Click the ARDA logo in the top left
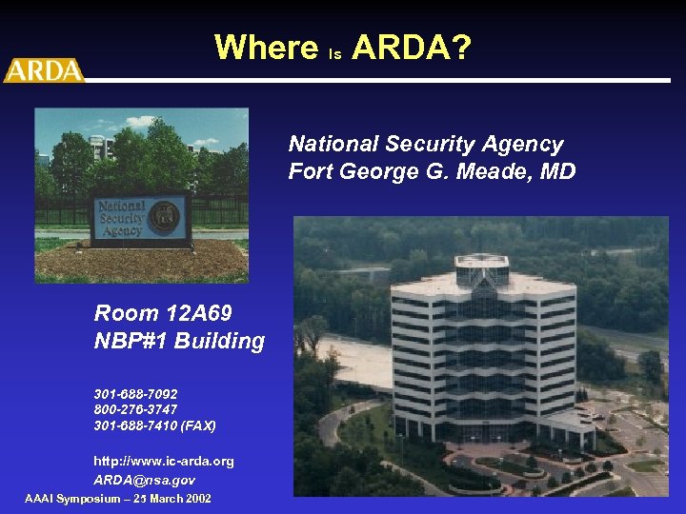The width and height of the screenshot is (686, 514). [43, 70]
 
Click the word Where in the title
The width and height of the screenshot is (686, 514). [267, 47]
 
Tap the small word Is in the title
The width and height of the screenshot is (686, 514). [334, 54]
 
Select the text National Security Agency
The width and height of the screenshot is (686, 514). [426, 144]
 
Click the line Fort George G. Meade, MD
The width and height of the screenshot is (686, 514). [432, 172]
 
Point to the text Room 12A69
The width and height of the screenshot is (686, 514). [163, 313]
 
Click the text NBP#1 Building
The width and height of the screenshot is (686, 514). [179, 341]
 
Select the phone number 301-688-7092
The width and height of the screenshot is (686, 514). [135, 393]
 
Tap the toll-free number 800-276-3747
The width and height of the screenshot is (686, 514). [135, 409]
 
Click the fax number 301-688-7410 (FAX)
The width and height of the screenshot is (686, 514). [154, 425]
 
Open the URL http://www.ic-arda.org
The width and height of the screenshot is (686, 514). [163, 461]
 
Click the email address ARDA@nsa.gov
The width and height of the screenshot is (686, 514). [144, 480]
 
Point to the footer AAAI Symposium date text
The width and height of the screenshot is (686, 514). [118, 499]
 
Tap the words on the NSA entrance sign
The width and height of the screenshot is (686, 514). [121, 218]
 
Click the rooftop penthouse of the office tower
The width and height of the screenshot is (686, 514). [482, 267]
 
